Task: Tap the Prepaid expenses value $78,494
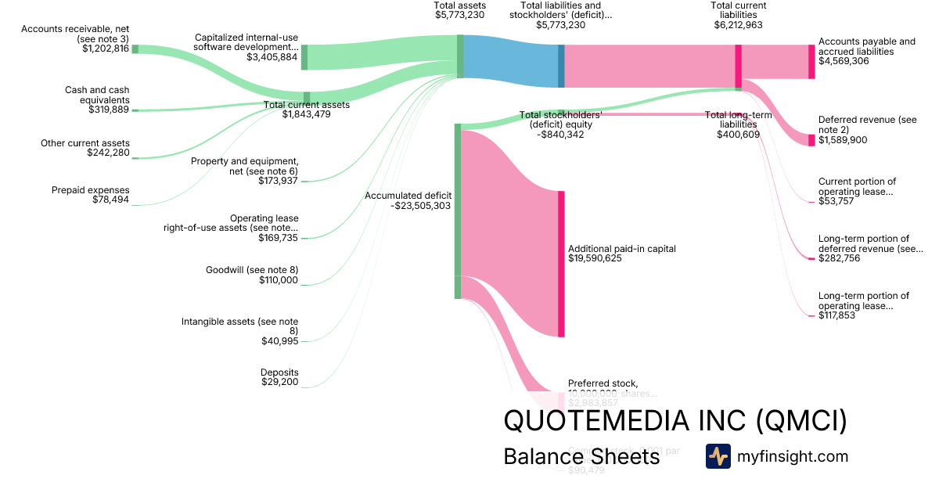[109, 200]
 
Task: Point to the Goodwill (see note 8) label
[252, 270]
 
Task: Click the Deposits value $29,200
[279, 382]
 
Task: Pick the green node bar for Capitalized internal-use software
[304, 57]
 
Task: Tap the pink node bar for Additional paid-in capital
[561, 264]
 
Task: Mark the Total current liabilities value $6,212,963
[738, 25]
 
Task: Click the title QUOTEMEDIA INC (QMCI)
[675, 421]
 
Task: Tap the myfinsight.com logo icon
[718, 456]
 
